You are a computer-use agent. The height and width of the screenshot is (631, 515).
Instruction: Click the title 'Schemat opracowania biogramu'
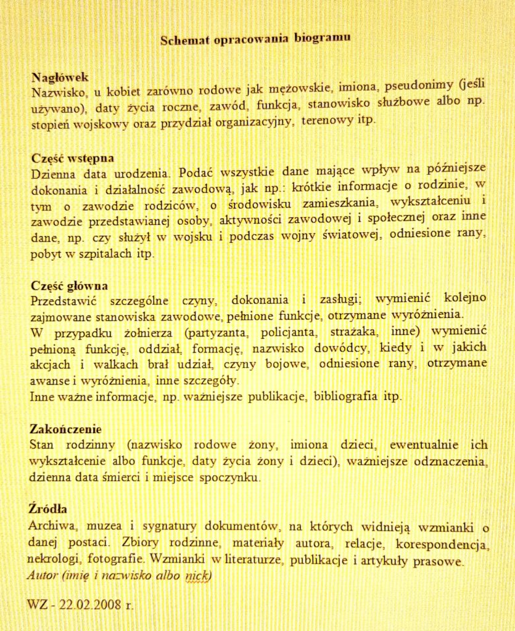point(255,39)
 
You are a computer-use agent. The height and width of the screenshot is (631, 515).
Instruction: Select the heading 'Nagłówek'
point(60,77)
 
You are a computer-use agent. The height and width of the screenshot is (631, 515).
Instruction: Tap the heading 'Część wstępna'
point(72,157)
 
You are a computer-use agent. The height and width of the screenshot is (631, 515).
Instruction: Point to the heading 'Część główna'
point(69,286)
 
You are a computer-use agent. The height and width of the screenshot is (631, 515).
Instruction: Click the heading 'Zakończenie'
point(65,429)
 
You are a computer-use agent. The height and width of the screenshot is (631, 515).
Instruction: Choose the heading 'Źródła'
point(47,509)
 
